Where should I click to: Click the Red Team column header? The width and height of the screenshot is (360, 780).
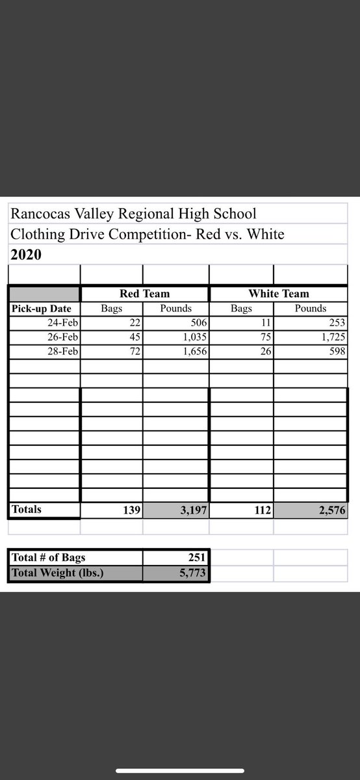[144, 294]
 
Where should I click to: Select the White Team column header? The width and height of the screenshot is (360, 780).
[278, 294]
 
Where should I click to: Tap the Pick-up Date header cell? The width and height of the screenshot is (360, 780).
[42, 309]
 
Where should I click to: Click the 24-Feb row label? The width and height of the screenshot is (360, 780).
[63, 322]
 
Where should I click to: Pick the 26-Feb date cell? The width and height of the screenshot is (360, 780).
[63, 337]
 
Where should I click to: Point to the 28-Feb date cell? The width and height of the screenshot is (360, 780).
[63, 351]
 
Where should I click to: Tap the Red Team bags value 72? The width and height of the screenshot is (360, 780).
[134, 351]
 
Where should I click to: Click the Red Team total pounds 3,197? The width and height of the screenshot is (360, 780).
[193, 510]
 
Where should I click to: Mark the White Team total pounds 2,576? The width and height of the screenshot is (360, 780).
[333, 510]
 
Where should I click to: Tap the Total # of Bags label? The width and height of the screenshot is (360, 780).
[49, 557]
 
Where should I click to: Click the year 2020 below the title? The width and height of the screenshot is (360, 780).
[26, 255]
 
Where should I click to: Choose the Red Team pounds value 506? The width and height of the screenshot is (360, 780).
[198, 322]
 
